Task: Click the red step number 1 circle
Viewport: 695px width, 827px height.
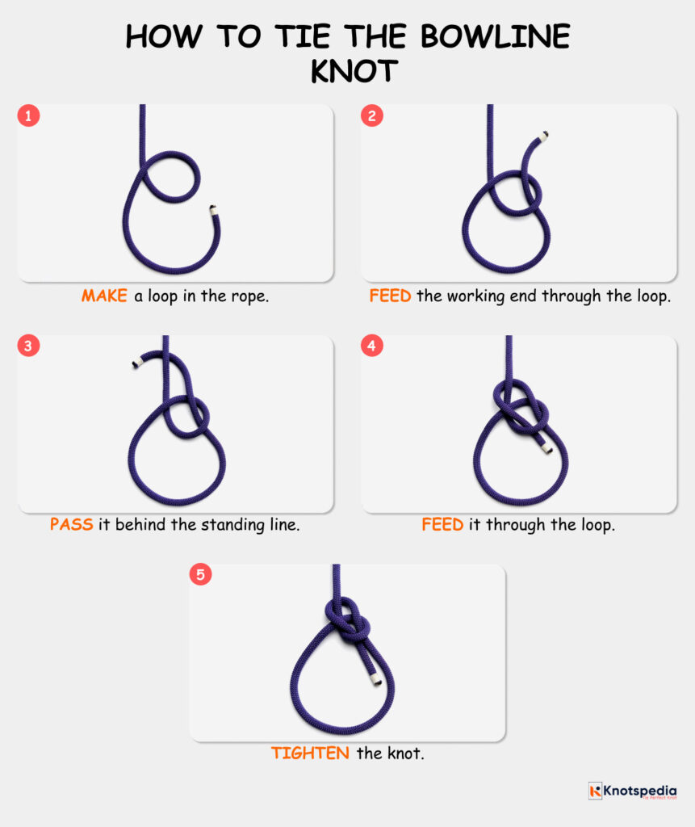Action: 28,115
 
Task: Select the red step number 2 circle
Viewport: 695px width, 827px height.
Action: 371,115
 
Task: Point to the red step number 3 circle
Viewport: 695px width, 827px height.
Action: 28,346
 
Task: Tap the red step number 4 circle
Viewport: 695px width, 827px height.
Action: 371,346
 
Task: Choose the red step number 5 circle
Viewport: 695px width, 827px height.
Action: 200,575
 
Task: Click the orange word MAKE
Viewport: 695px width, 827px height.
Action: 104,296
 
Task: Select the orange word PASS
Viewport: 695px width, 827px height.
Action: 72,524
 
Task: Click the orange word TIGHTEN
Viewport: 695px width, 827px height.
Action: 310,753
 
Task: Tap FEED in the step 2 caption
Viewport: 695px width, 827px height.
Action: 390,296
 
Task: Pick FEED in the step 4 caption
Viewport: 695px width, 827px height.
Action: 442,524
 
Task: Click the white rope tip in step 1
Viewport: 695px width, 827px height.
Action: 213,210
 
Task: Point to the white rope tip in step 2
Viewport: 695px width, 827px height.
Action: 546,135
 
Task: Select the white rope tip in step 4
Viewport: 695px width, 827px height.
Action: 547,447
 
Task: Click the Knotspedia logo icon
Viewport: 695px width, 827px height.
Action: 595,791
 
